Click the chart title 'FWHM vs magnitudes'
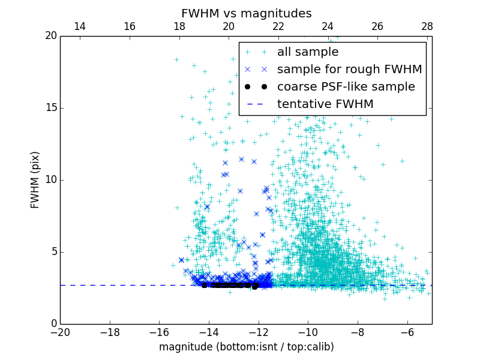click(x=246, y=13)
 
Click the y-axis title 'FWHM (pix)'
click(x=35, y=180)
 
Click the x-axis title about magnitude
click(x=246, y=347)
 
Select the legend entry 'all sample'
click(x=308, y=52)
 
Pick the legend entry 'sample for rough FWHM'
click(x=349, y=70)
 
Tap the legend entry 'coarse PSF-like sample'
click(x=346, y=87)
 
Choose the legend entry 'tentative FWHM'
click(x=325, y=104)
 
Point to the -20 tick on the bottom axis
click(x=60, y=332)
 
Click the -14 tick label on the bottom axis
click(x=209, y=332)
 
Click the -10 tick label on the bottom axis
click(x=308, y=332)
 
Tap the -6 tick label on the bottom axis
click(x=407, y=332)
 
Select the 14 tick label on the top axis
click(x=80, y=26)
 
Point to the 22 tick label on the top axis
click(x=278, y=26)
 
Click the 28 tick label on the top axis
click(x=427, y=26)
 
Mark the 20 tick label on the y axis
click(x=50, y=36)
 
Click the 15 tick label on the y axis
click(x=50, y=108)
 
